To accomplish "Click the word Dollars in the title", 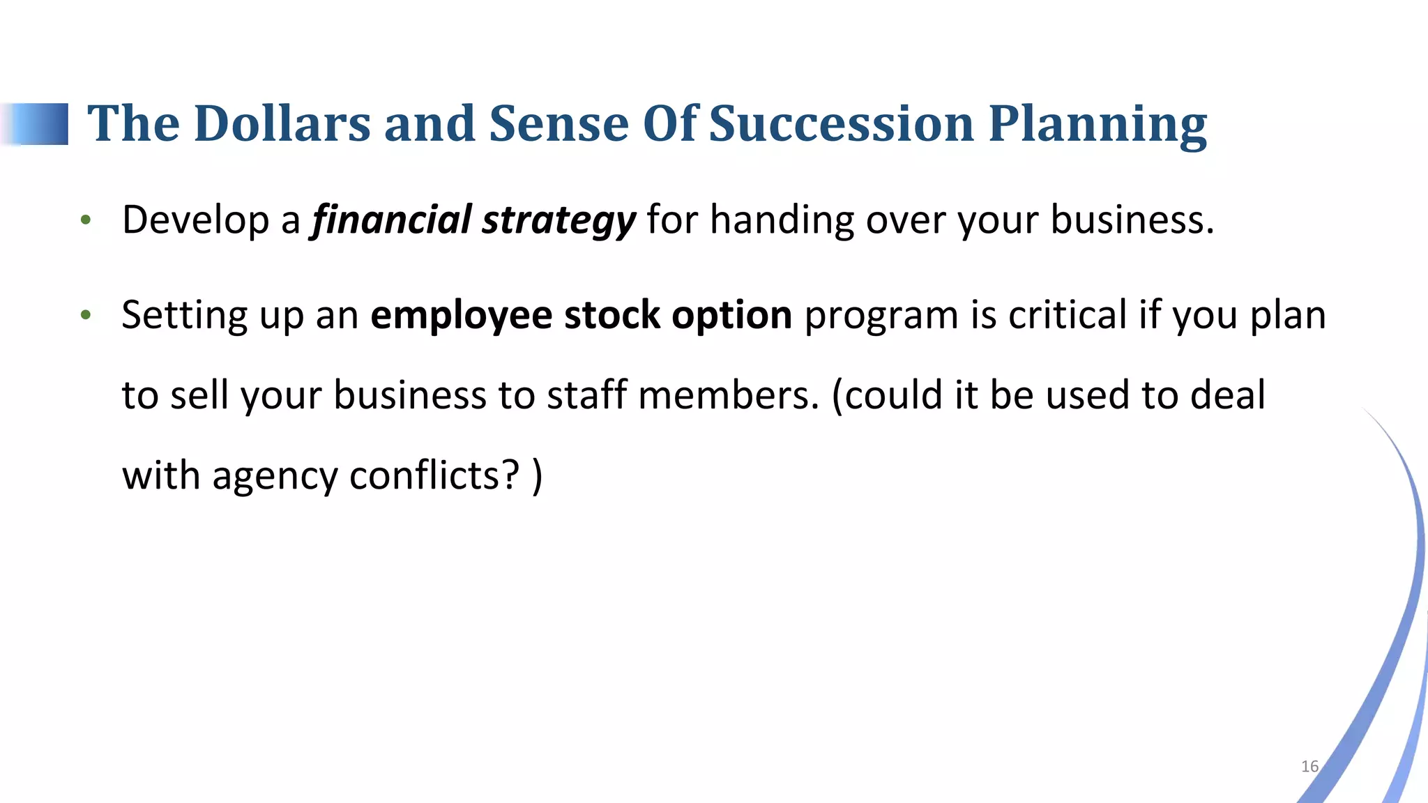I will coord(282,124).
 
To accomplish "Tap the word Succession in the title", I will coord(841,124).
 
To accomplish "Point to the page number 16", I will coord(1309,767).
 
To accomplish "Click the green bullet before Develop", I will coord(86,221).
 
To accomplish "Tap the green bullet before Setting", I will coord(86,316).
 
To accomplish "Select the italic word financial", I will coord(392,220).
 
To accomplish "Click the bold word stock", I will coord(612,315).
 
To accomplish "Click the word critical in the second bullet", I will coord(1068,315).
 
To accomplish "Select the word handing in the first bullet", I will coord(782,220).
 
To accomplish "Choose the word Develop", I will coord(195,221).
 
